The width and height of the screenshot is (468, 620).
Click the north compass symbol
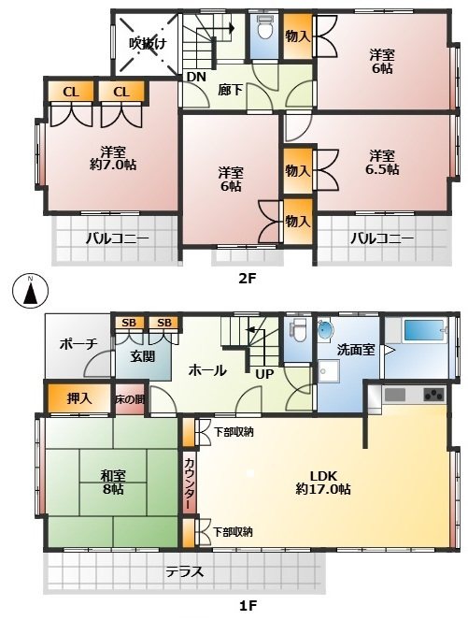tap(30, 292)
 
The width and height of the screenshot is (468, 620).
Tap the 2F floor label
tap(248, 279)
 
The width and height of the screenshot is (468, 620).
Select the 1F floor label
tap(248, 605)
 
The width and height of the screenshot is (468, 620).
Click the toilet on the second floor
tap(264, 27)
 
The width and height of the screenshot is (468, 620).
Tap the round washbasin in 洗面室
tap(326, 330)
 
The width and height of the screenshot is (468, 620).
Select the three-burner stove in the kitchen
tap(433, 395)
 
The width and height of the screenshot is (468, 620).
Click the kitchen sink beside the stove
tap(394, 395)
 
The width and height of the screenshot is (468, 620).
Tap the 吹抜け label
tap(147, 44)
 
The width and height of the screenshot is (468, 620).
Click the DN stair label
tap(196, 77)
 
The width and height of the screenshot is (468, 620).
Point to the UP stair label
tap(264, 374)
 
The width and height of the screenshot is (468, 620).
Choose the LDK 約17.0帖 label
tap(323, 483)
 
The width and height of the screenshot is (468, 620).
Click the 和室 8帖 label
tap(112, 482)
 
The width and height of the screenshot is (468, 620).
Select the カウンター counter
tap(189, 483)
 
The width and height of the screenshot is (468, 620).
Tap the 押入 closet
tap(79, 398)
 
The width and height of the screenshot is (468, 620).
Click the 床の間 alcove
tap(130, 399)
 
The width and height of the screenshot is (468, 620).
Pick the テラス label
tap(184, 571)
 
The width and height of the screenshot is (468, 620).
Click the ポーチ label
tap(78, 344)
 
